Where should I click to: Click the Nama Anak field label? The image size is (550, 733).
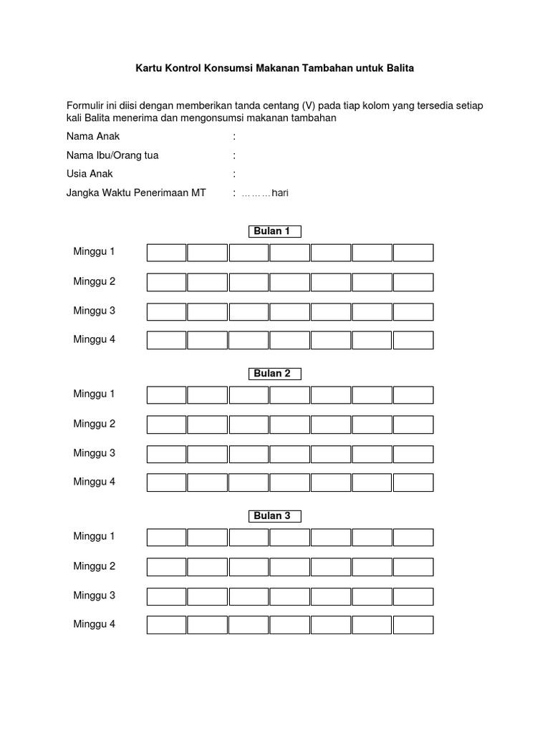pos(93,136)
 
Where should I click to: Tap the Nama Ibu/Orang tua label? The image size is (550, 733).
pos(112,155)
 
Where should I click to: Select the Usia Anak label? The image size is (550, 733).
pos(90,174)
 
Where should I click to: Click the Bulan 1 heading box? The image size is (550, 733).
pos(271,231)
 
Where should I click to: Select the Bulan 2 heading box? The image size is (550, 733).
pos(271,374)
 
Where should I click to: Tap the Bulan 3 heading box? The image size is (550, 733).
pos(271,516)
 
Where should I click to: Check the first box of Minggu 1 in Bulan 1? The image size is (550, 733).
pos(167,253)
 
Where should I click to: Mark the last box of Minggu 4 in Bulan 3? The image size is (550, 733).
pos(413,625)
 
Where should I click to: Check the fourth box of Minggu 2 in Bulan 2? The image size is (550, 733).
pos(290,424)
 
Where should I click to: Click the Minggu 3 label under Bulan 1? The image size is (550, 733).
pos(94,311)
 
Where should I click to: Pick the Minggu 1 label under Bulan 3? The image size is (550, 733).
pos(94,536)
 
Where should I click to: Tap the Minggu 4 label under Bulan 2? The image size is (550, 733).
pos(94,482)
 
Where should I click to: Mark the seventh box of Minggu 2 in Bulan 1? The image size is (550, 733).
pos(413,282)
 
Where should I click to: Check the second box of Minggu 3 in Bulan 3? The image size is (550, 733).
pos(208,596)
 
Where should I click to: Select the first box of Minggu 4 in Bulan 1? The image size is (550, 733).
pos(167,340)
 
